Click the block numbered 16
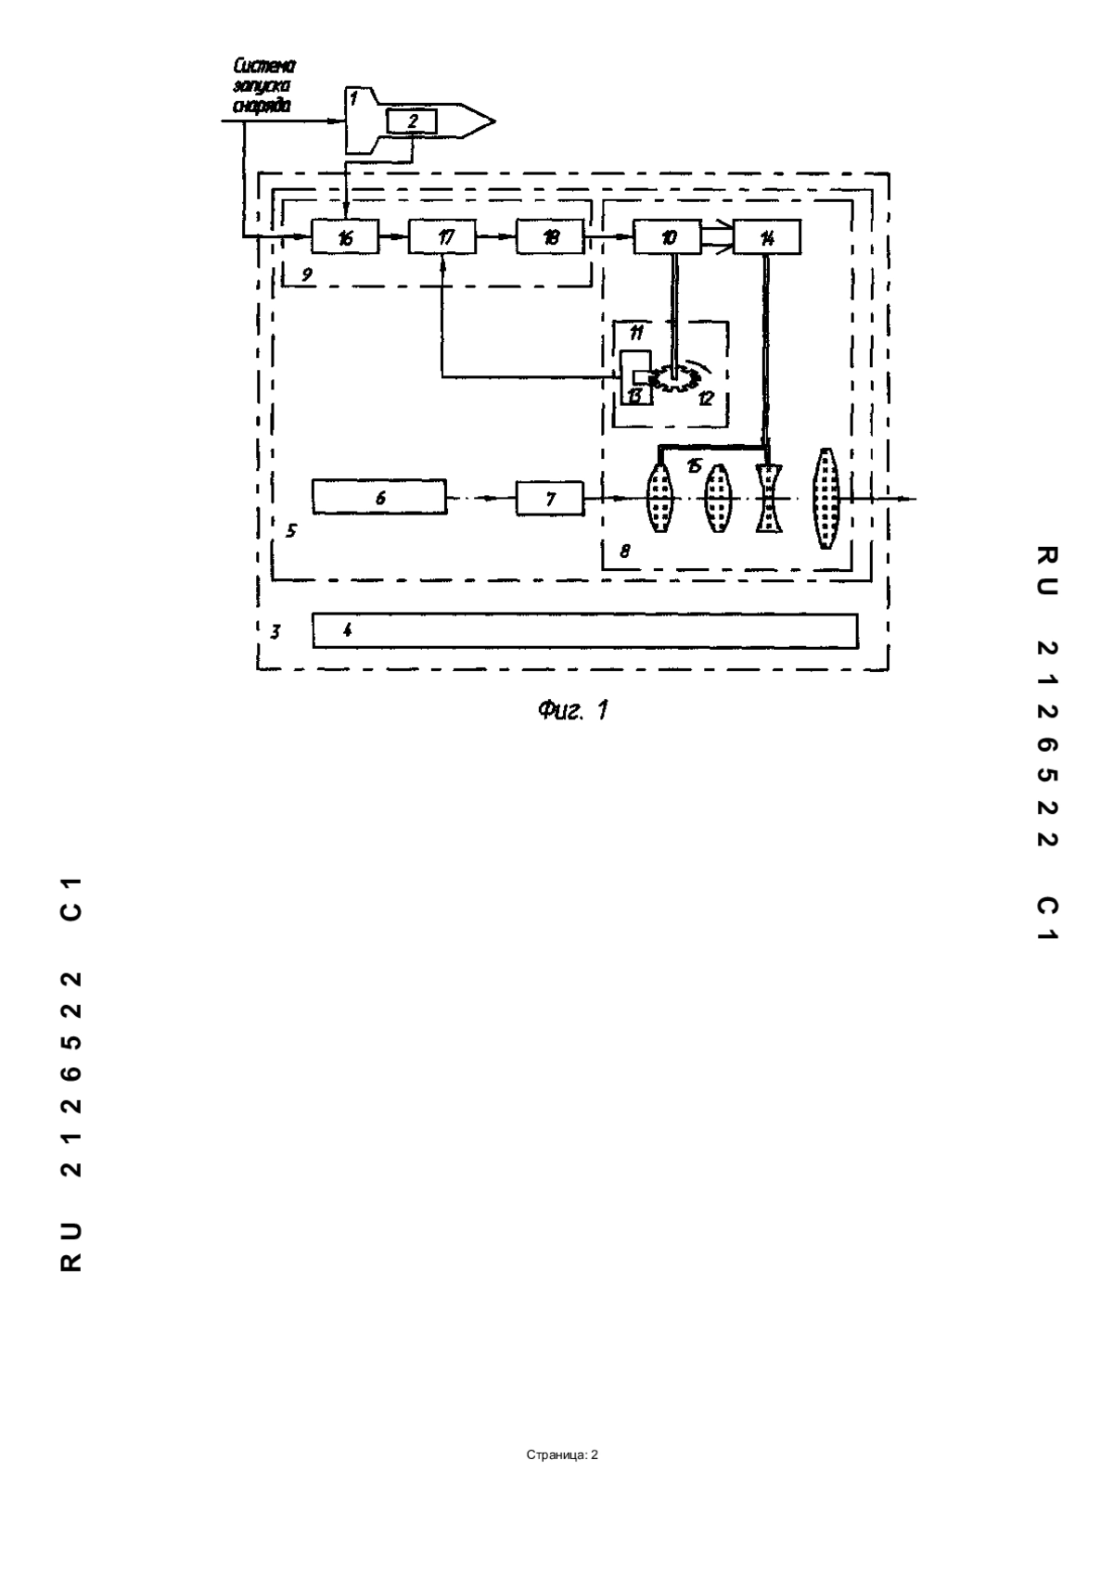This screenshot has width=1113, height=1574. pyautogui.click(x=345, y=237)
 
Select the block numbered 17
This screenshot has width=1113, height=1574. pyautogui.click(x=443, y=237)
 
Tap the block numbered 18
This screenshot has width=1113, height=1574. pyautogui.click(x=551, y=236)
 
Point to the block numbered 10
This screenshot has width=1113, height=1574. pyautogui.click(x=668, y=236)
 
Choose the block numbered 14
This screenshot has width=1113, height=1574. pyautogui.click(x=766, y=236)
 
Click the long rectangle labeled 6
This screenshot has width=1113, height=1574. pyautogui.click(x=379, y=498)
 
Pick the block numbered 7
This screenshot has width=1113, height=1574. pyautogui.click(x=550, y=498)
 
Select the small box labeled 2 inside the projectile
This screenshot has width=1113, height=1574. pyautogui.click(x=412, y=121)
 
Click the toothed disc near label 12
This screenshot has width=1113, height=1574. pyautogui.click(x=674, y=378)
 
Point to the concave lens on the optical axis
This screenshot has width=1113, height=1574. pyautogui.click(x=768, y=498)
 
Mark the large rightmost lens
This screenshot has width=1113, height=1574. pyautogui.click(x=825, y=498)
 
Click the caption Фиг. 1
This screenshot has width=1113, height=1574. pyautogui.click(x=573, y=711)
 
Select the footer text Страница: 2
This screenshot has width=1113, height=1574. pyautogui.click(x=562, y=1454)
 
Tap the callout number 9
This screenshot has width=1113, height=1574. pyautogui.click(x=307, y=274)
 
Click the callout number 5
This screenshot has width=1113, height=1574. pyautogui.click(x=290, y=530)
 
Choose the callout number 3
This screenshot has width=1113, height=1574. pyautogui.click(x=275, y=631)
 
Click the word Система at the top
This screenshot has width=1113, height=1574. pyautogui.click(x=264, y=67)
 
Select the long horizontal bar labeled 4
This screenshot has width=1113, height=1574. pyautogui.click(x=585, y=630)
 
